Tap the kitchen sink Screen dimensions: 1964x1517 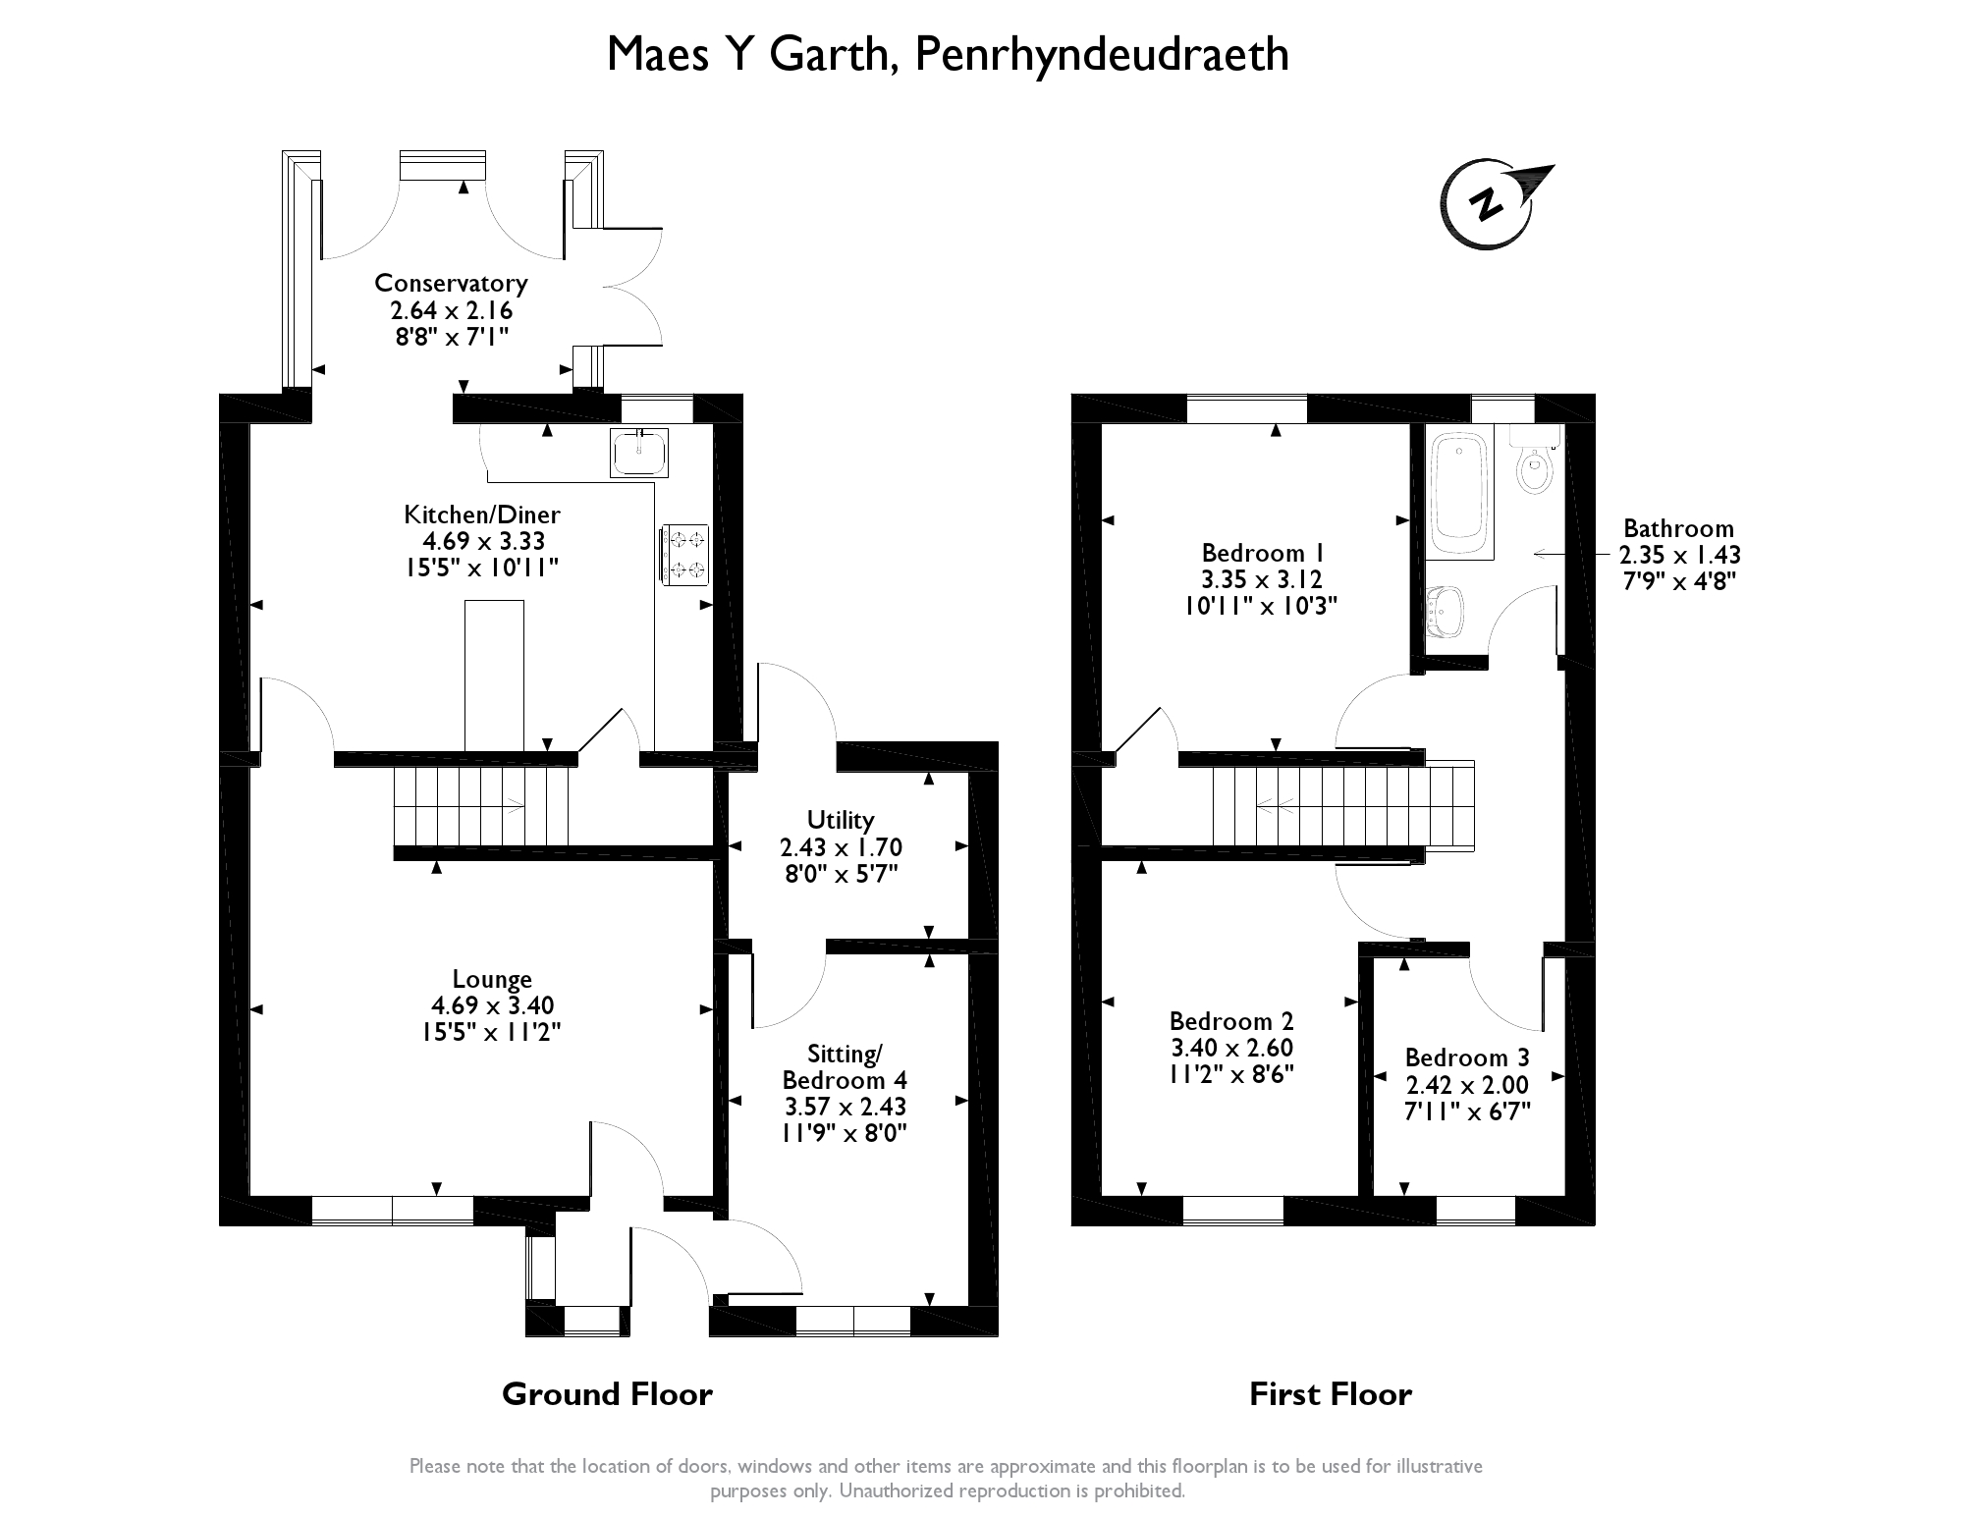click(x=638, y=453)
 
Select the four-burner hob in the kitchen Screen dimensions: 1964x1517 click(x=685, y=555)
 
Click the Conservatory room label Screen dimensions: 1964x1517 click(x=451, y=284)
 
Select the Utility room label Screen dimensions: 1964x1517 click(x=840, y=820)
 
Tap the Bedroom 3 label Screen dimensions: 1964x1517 click(x=1467, y=1057)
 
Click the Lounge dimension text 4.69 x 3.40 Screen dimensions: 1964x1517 click(x=492, y=1005)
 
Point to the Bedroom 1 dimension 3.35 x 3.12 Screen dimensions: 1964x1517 click(x=1261, y=579)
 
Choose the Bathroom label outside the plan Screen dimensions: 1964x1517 click(x=1678, y=528)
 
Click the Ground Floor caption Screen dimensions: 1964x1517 click(x=607, y=1394)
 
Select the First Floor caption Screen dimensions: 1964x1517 click(x=1330, y=1394)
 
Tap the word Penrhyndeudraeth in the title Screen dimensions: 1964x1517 click(x=1101, y=54)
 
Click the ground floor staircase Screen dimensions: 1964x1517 click(x=481, y=806)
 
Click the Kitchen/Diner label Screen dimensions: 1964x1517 click(x=481, y=515)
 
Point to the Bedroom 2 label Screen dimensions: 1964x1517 click(x=1231, y=1021)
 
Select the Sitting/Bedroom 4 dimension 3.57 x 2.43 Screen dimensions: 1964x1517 click(x=844, y=1107)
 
